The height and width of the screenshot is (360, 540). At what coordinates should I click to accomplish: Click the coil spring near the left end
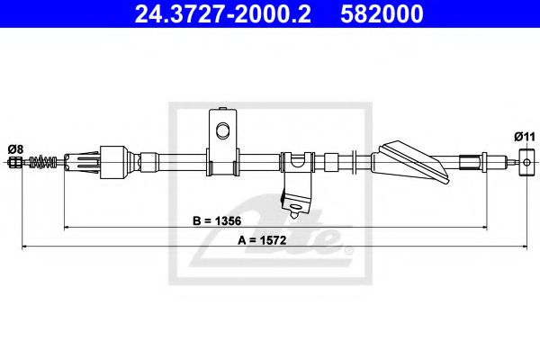point(40,163)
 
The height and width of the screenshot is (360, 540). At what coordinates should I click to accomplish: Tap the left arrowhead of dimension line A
point(24,246)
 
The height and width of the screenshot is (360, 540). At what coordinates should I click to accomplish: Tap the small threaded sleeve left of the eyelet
point(470,163)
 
